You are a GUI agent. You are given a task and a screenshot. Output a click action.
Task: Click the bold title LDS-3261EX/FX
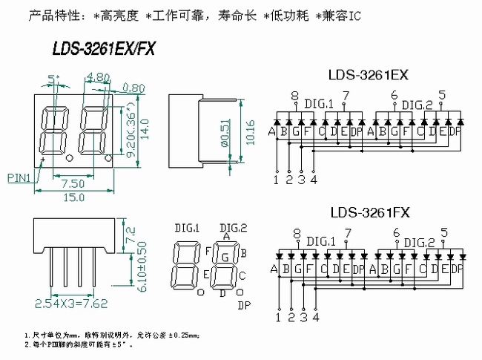pos(104,48)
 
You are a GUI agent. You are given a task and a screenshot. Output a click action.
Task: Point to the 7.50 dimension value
pos(72,183)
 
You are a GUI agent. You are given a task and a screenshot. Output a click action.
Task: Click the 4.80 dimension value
pos(97,76)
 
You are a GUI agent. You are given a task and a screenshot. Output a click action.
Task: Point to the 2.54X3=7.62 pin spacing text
pos(71,303)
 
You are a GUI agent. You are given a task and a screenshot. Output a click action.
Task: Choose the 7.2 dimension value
pos(131,236)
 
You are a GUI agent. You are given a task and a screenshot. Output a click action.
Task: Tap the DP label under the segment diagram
pos(243,304)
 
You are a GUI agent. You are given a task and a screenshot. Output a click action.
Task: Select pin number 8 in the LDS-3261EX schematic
pos(294,96)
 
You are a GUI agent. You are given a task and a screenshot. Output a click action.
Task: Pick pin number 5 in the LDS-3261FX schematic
pos(442,232)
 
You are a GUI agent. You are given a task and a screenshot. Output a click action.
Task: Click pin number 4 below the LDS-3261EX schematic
pos(314,179)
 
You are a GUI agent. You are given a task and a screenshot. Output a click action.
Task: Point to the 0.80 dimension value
pos(133,88)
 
